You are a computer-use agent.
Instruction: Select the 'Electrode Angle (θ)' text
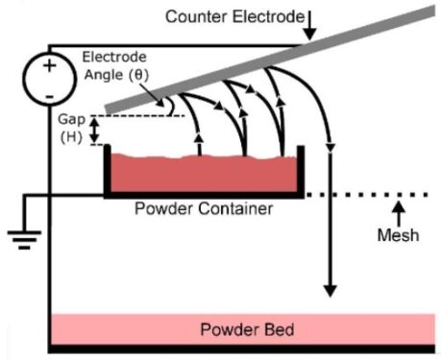click(116, 64)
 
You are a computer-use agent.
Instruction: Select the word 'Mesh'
click(397, 235)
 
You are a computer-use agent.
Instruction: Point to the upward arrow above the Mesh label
click(397, 212)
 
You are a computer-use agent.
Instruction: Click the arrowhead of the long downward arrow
click(331, 288)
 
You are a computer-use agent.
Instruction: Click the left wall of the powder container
click(107, 170)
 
